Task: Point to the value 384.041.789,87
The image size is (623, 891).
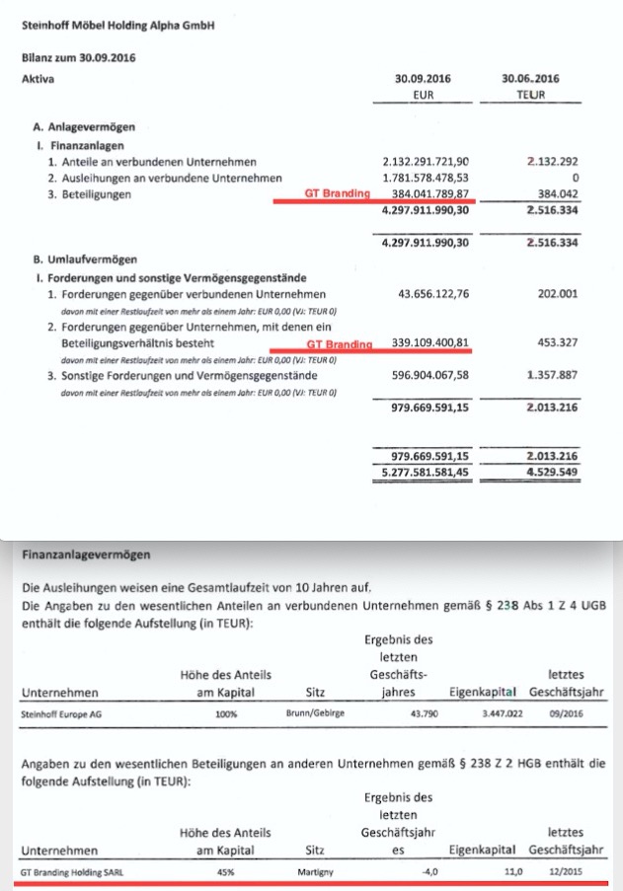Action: click(x=428, y=193)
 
